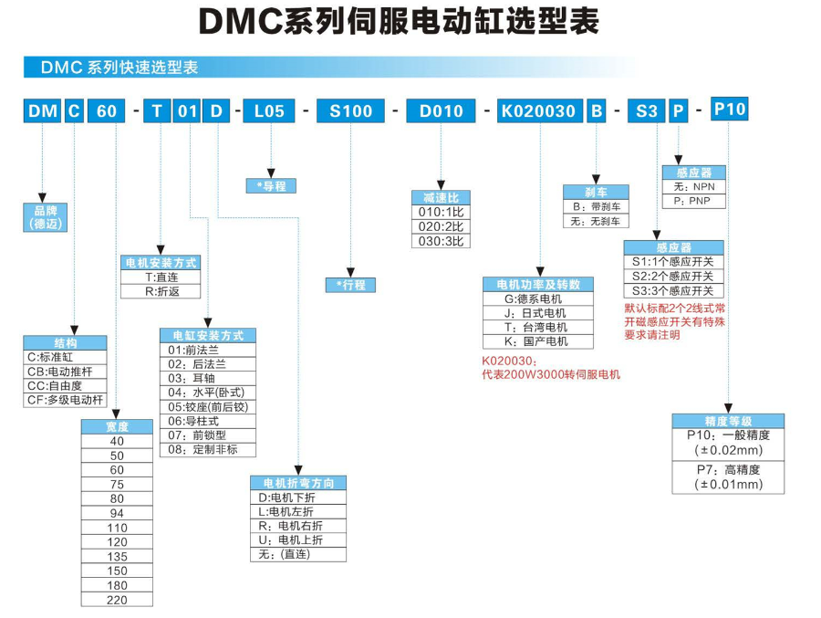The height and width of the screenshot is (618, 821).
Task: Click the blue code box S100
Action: (351, 111)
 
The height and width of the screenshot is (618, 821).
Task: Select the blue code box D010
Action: (441, 111)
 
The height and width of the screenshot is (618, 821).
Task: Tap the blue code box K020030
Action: (538, 111)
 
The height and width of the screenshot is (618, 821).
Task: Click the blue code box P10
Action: (729, 110)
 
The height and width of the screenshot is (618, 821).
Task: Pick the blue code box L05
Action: (269, 111)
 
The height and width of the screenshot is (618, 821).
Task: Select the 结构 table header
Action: (66, 342)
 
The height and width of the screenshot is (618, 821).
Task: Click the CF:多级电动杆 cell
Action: (66, 400)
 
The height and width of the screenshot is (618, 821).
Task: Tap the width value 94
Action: (117, 513)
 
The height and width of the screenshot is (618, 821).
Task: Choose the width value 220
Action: (117, 600)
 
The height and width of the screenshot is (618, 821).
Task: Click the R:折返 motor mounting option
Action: (161, 291)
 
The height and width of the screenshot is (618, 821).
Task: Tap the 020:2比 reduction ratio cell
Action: (440, 225)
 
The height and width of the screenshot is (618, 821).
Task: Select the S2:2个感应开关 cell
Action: (673, 276)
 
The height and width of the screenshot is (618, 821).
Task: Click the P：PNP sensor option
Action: (692, 201)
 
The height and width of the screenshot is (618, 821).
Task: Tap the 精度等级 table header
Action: (728, 421)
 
